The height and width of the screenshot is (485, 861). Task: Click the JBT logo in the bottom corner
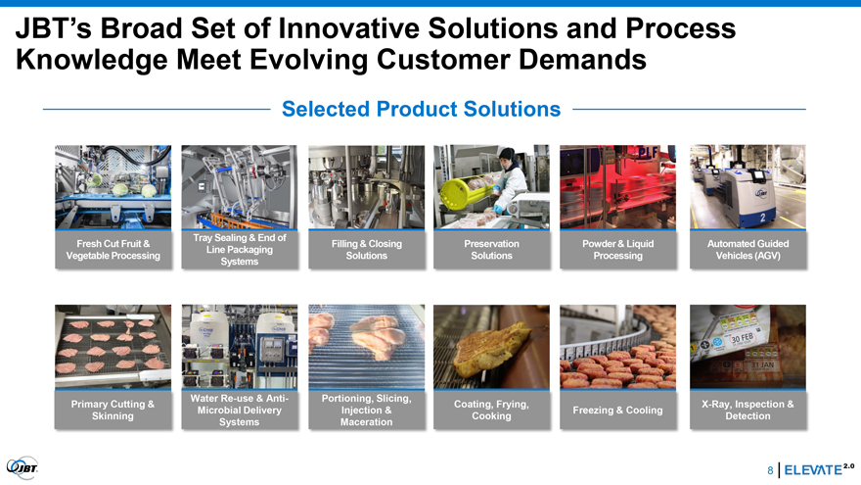click(22, 468)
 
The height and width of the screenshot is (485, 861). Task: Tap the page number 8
click(770, 470)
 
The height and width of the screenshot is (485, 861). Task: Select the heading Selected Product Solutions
click(421, 109)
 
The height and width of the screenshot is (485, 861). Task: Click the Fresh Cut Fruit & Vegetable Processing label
click(113, 250)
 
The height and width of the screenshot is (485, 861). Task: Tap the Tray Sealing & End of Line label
click(240, 249)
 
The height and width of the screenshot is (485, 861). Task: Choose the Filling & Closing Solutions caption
click(366, 250)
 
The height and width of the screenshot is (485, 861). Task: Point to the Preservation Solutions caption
click(491, 250)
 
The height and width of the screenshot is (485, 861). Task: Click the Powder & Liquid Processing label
click(617, 250)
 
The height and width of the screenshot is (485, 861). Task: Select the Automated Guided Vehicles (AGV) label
click(748, 250)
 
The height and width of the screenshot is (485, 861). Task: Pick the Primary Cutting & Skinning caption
click(113, 410)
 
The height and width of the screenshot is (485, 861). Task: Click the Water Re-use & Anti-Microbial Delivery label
click(240, 410)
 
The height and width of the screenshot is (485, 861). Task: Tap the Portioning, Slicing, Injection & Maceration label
click(366, 410)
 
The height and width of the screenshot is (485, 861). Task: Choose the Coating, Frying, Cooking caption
click(491, 410)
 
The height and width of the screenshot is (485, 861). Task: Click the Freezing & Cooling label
click(617, 411)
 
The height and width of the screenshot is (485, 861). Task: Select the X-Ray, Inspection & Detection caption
click(748, 410)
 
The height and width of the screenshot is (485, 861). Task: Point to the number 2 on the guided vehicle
click(762, 218)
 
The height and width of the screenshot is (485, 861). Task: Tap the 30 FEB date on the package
click(742, 338)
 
